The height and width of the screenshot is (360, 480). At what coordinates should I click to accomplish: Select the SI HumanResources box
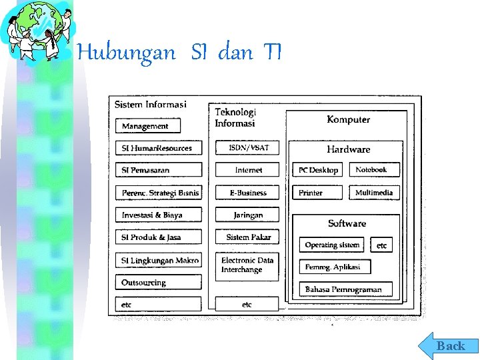pos(159,148)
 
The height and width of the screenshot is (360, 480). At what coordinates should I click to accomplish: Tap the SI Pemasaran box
pos(159,170)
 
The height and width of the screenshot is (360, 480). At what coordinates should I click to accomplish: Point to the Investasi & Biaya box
pos(159,215)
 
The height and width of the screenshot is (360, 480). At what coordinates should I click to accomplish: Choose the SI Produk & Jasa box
pos(159,237)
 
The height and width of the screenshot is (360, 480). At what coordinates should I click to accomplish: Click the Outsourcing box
pos(159,283)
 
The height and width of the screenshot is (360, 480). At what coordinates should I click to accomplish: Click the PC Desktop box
pos(317,170)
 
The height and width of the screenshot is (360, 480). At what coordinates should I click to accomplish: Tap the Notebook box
pos(374,170)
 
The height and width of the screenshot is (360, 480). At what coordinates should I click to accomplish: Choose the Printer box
pos(317,193)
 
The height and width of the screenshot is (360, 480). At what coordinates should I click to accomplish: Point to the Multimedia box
pos(374,193)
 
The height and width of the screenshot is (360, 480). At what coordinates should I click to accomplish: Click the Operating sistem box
pos(332,245)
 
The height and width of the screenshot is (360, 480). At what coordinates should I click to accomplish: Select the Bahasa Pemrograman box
pos(345,289)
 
